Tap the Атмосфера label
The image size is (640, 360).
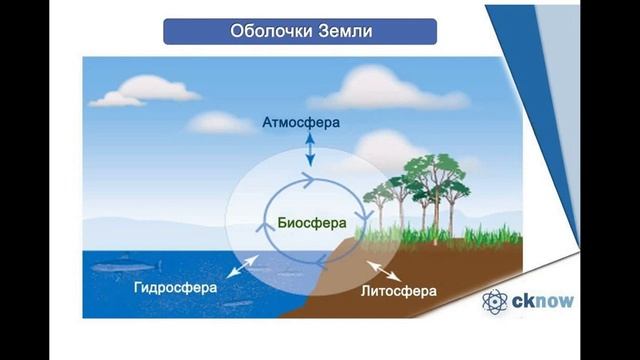[301, 123]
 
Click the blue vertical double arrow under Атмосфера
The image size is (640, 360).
[310, 149]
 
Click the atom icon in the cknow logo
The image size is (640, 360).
[497, 301]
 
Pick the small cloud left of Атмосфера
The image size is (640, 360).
[221, 122]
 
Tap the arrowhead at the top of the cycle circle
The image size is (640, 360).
[311, 179]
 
